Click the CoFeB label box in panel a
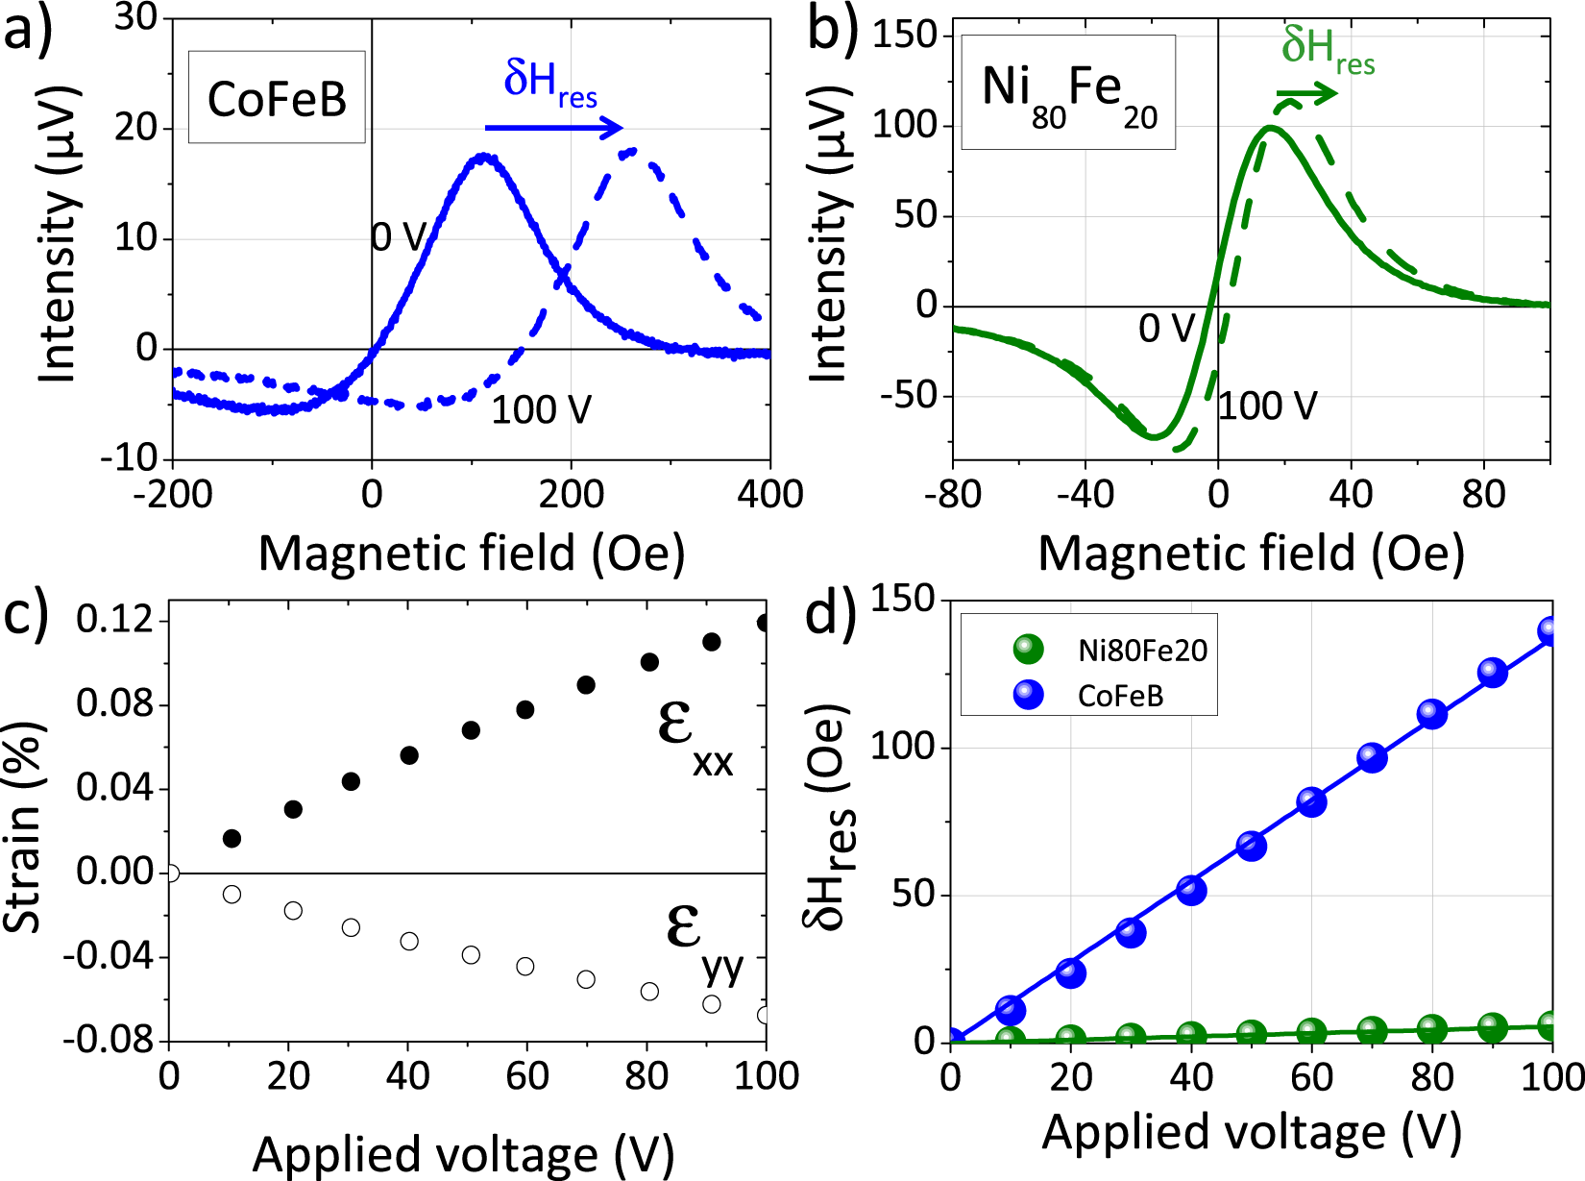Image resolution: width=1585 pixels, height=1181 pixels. coord(277,97)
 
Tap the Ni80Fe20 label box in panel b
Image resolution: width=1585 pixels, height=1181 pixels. coord(1068,93)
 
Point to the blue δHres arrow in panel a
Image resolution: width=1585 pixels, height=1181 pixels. coord(553,127)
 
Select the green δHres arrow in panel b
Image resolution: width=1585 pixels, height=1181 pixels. coord(1307,93)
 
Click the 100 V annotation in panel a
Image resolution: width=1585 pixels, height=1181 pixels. coord(541,410)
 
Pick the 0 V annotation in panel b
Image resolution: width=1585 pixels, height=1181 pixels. coord(1165,330)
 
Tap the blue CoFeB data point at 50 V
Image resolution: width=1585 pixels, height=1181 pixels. coord(1251,846)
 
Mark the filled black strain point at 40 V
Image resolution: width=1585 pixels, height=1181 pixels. coord(409,755)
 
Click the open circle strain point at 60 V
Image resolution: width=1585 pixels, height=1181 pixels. coord(525,966)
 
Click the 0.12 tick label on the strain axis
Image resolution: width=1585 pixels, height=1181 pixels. coord(116,620)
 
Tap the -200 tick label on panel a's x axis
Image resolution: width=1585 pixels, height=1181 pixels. coord(173,495)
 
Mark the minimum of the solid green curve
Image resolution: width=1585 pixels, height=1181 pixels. coord(1155,437)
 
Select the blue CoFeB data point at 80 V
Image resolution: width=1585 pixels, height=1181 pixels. coord(1432,713)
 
